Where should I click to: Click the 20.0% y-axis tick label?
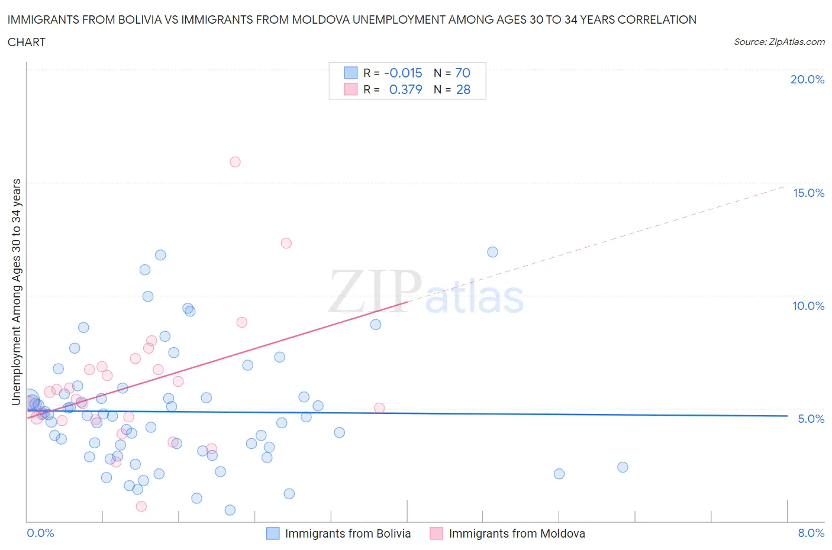807,79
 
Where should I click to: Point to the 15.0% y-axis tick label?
808,193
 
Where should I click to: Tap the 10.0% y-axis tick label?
808,306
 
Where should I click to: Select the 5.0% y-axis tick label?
811,419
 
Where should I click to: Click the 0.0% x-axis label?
40,533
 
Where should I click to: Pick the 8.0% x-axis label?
811,533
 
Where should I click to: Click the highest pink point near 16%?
235,162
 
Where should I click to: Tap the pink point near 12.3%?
286,243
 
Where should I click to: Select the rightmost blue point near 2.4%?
623,467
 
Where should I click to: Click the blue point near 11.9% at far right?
492,252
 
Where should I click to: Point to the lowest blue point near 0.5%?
230,510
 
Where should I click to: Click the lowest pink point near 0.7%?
141,506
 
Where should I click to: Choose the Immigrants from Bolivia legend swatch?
273,533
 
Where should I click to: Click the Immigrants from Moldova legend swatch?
437,533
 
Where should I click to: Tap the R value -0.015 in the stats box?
403,73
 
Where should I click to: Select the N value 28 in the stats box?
463,89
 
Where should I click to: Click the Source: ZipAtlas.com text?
779,41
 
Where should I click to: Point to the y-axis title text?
17,292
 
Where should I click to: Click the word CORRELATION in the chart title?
657,20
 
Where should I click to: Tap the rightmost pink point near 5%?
379,408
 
